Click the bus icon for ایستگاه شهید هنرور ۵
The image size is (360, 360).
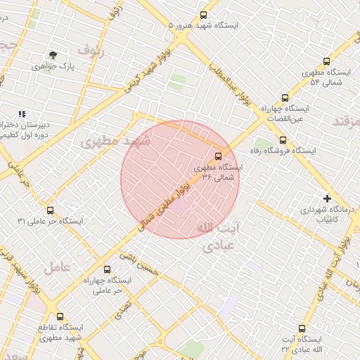(204, 14)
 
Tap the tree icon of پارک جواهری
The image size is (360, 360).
(52, 55)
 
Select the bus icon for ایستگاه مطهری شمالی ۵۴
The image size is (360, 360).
(326, 61)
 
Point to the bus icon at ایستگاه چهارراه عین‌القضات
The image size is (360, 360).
(285, 98)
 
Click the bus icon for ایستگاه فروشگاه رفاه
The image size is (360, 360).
(283, 140)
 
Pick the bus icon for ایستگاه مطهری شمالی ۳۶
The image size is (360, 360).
(217, 156)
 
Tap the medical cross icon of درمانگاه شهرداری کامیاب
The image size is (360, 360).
(327, 198)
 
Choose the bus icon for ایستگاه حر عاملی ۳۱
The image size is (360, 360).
(50, 210)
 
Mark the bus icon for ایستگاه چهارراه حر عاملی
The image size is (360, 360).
(107, 269)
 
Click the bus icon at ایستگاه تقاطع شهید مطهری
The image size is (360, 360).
(60, 316)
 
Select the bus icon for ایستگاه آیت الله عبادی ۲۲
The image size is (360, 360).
(302, 328)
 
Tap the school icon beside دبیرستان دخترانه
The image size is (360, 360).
(22, 114)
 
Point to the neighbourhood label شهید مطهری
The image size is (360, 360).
(116, 141)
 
